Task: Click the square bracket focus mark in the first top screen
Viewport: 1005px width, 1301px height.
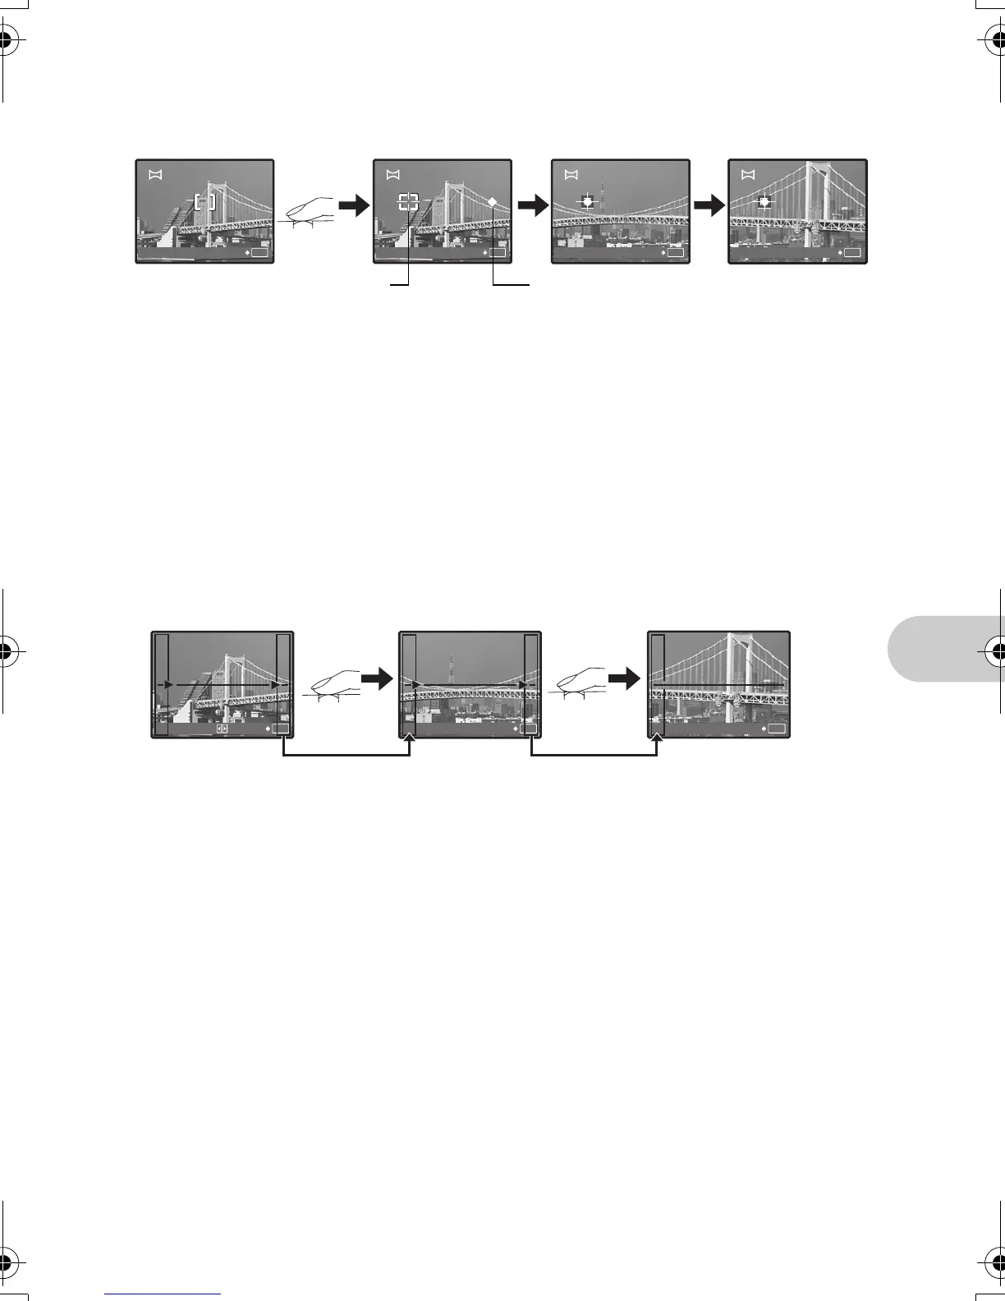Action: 205,201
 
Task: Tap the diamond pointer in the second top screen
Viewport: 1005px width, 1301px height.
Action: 492,201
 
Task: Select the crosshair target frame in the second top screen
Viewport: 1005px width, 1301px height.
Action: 409,202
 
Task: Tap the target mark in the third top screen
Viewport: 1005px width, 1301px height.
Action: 586,201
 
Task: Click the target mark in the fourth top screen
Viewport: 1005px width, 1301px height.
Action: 764,201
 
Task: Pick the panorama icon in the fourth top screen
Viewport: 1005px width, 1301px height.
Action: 747,174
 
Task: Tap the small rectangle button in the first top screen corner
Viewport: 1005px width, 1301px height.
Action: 260,254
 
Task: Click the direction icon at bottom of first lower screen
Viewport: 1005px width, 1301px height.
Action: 222,729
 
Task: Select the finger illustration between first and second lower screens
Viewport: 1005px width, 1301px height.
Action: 333,684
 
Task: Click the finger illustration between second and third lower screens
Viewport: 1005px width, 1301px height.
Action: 579,684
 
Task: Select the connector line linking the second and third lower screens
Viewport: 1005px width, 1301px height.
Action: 594,755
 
